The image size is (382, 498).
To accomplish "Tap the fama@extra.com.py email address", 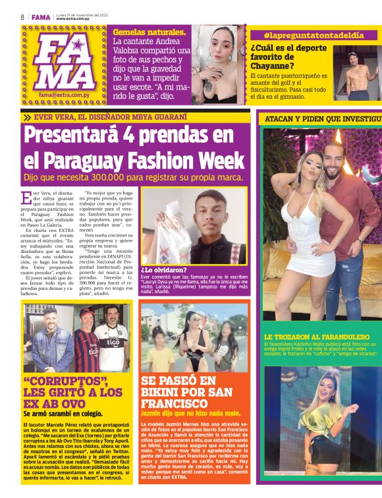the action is point(66,95).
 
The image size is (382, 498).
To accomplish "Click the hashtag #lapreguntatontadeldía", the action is point(314,35).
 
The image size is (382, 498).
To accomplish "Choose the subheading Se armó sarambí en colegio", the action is point(63,414).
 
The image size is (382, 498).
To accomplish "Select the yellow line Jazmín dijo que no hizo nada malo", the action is point(190,413).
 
